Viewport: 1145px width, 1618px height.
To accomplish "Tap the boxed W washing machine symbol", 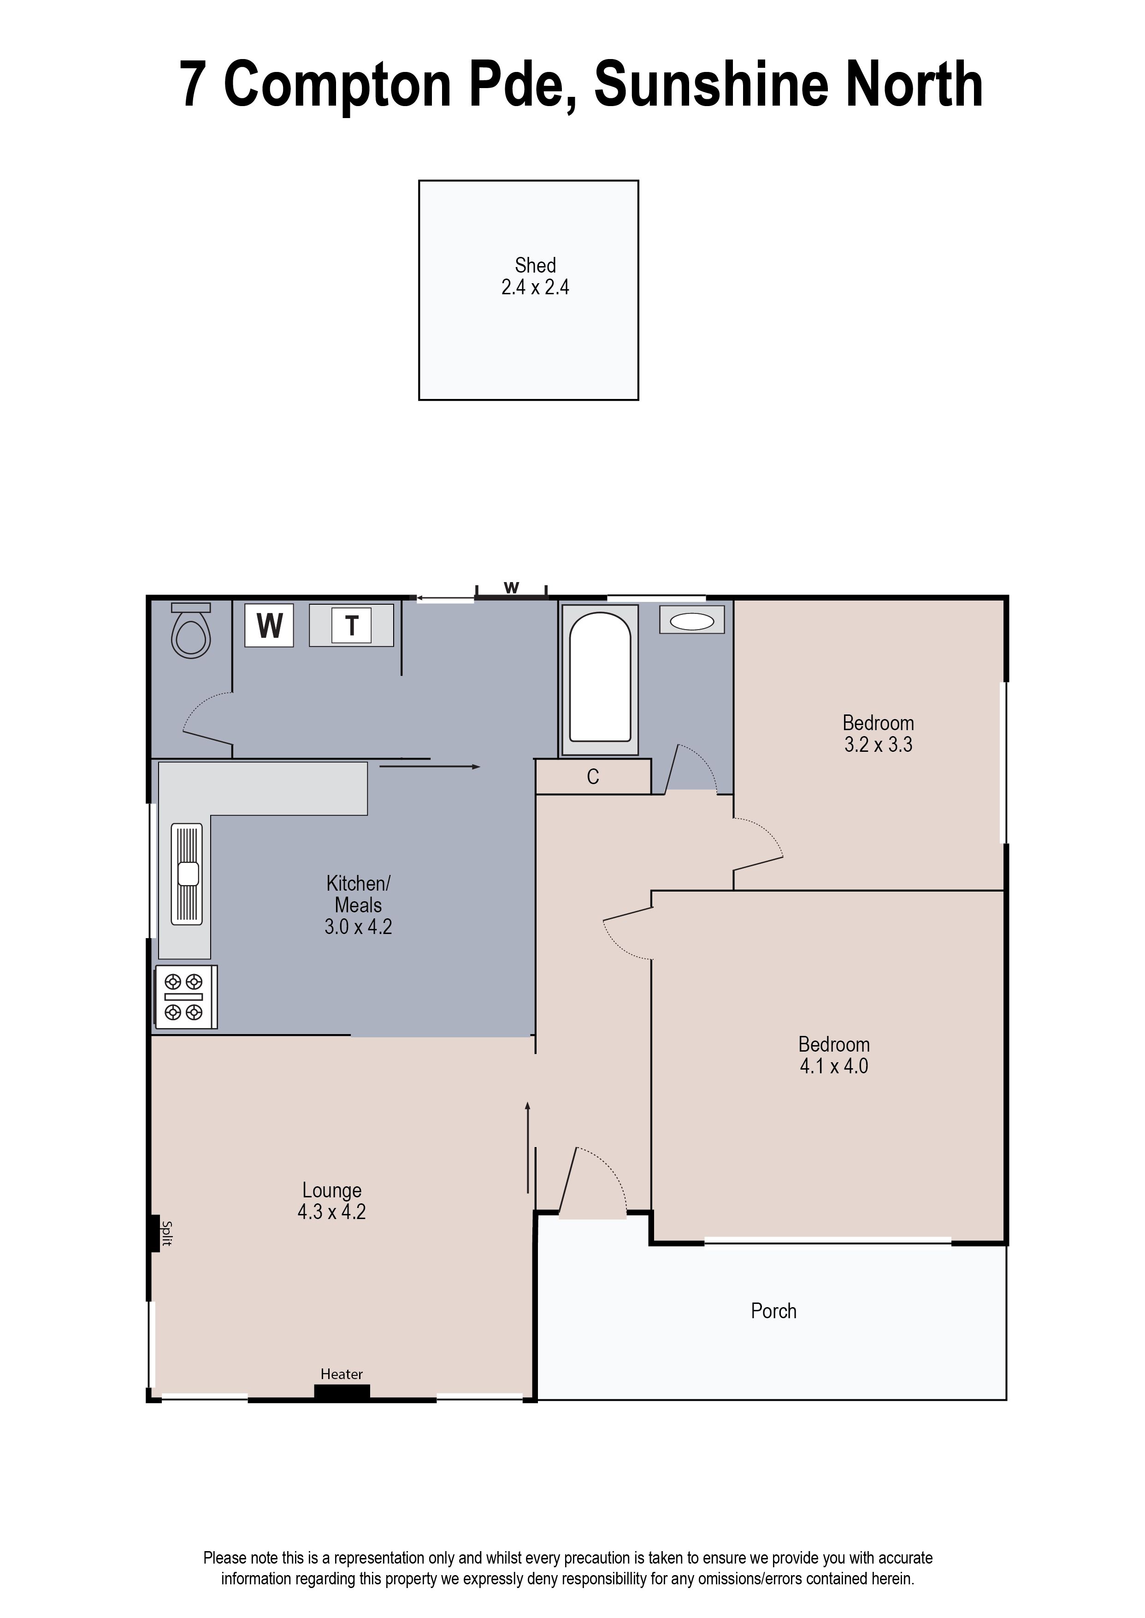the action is click(x=269, y=625).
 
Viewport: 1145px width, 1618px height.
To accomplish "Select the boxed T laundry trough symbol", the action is click(x=351, y=625).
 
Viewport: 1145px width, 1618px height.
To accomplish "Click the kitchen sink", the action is click(x=187, y=874).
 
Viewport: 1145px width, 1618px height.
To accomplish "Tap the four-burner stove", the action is click(x=185, y=997).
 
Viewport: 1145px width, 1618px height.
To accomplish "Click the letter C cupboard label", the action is click(x=593, y=777).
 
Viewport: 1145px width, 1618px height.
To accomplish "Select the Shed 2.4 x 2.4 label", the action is click(x=535, y=276).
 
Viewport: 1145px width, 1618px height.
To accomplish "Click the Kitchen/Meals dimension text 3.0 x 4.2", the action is click(x=358, y=926).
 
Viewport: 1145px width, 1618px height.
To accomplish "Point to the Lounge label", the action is click(x=332, y=1190).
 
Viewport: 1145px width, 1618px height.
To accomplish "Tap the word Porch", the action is click(x=773, y=1310).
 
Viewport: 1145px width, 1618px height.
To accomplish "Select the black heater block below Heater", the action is click(x=342, y=1392).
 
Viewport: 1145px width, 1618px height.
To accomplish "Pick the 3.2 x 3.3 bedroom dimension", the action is click(x=879, y=744).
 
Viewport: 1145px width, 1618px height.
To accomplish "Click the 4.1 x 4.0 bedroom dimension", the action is click(x=834, y=1066).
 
